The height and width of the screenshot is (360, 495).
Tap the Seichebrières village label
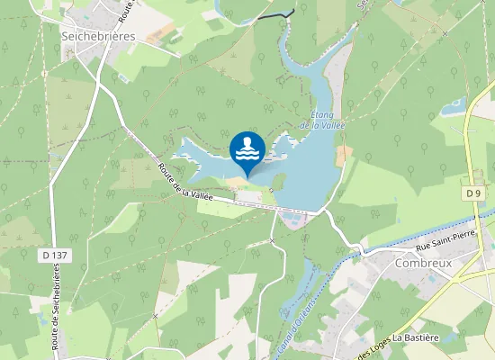97,36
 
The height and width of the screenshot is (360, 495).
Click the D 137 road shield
55,256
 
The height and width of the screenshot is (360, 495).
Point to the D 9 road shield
473,193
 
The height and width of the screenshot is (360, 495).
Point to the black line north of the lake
275,15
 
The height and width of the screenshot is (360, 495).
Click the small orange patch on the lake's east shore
343,156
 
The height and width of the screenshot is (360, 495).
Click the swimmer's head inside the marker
247,142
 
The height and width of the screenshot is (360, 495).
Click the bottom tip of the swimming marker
247,176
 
